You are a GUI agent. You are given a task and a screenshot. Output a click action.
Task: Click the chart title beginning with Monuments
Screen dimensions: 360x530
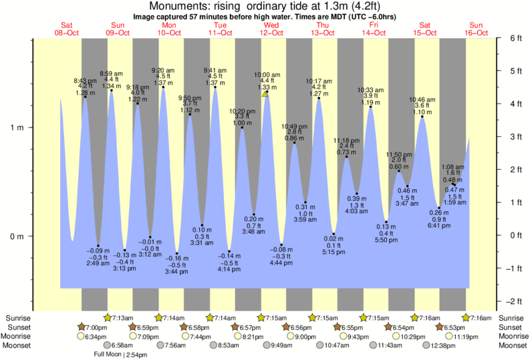[x=265, y=7]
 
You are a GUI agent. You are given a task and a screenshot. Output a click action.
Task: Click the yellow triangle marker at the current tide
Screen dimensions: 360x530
[x=266, y=94]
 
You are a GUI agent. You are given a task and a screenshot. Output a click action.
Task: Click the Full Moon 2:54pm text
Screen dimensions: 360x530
[x=121, y=354]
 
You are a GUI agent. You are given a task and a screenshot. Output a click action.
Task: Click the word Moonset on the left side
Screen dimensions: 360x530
[x=19, y=345]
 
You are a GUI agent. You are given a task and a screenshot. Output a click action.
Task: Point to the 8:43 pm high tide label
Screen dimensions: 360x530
[x=85, y=81]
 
